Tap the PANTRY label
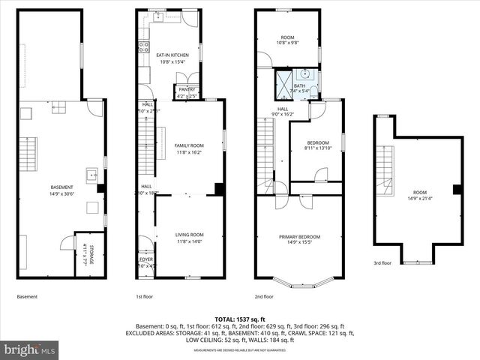[x=187, y=89]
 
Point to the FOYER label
[x=145, y=259]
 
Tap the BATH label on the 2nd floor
[x=300, y=85]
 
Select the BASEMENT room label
[x=61, y=187]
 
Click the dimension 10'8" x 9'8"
[x=287, y=43]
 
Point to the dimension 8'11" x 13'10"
[x=316, y=148]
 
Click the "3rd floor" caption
[x=382, y=263]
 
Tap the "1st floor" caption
[x=145, y=296]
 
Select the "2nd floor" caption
[x=264, y=296]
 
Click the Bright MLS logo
[x=30, y=349]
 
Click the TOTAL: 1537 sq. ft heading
[x=240, y=319]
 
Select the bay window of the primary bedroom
[x=300, y=284]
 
